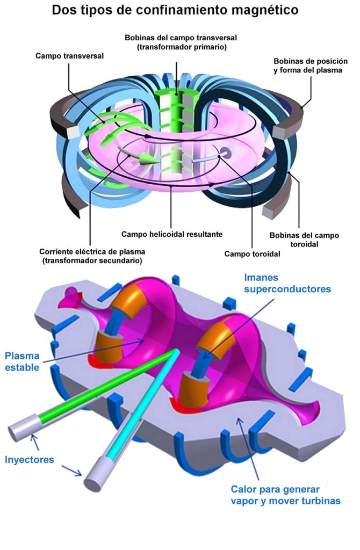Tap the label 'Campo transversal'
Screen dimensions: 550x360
[70, 55]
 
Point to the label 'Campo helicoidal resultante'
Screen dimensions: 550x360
[172, 234]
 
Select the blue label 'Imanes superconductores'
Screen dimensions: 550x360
[287, 283]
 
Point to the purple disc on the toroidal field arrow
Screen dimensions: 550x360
[227, 153]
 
